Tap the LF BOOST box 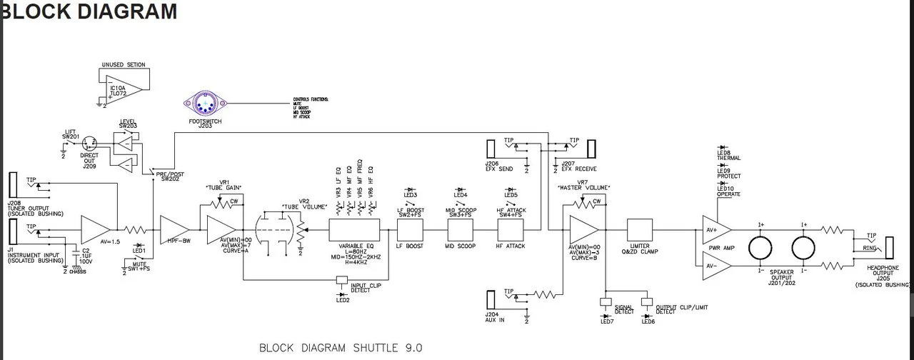tap(411, 230)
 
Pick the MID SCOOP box tap(461, 230)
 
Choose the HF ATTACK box tap(511, 230)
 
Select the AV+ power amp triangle tap(715, 230)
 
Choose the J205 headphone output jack tap(889, 247)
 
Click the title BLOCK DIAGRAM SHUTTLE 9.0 tap(341, 348)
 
